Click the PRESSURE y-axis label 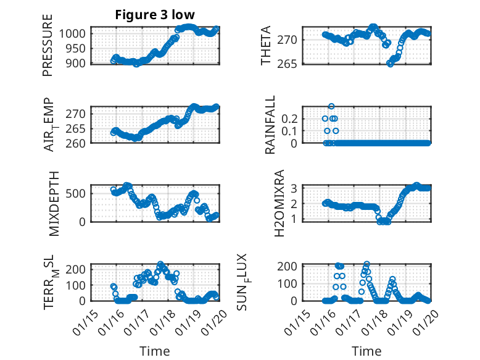(48, 46)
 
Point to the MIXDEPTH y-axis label (54, 203)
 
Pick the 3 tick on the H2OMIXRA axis (296, 188)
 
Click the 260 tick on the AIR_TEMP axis (79, 142)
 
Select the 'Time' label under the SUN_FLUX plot (366, 351)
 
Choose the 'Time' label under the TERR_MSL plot (151, 351)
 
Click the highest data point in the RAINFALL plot (331, 106)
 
